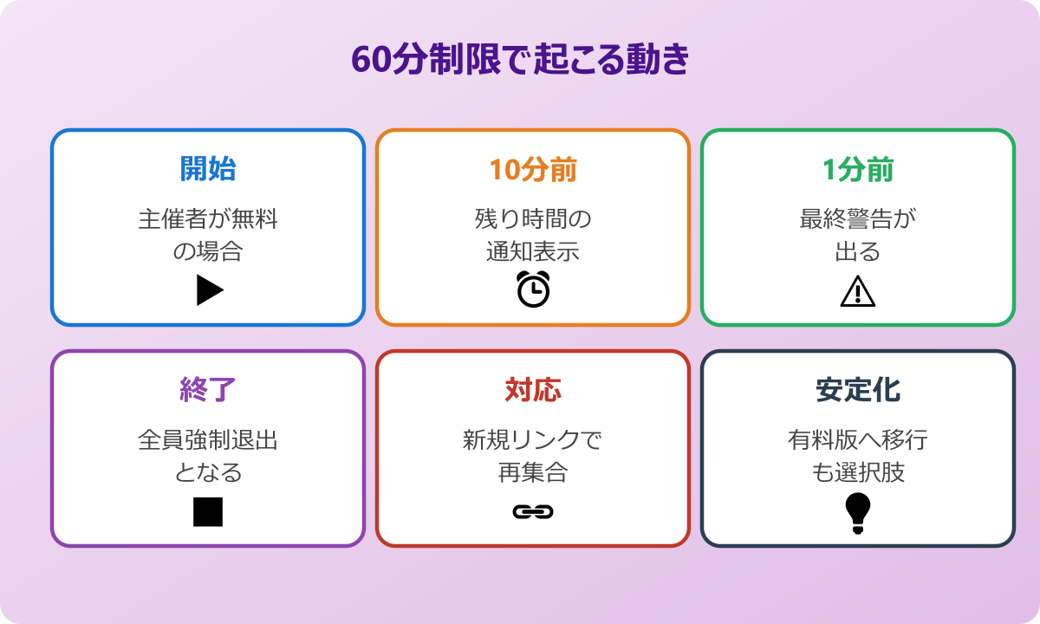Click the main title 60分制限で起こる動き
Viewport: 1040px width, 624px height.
[520, 61]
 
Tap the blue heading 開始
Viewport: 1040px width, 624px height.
[208, 170]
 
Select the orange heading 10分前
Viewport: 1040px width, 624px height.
[533, 170]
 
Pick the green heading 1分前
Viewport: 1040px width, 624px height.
[858, 170]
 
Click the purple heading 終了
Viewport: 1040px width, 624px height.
[208, 391]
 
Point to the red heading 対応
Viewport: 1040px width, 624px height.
[533, 391]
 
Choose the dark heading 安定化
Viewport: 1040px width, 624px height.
[858, 391]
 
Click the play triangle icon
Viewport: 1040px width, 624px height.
[209, 290]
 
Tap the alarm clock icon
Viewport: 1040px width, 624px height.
[533, 289]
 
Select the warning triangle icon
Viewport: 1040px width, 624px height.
[858, 291]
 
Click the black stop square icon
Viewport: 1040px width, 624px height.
[208, 511]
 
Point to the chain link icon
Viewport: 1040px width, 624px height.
[533, 512]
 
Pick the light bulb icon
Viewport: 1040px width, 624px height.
[858, 512]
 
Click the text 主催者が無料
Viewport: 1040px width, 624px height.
[208, 218]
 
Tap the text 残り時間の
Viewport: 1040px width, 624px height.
[533, 218]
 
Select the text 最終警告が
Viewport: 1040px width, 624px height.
[858, 218]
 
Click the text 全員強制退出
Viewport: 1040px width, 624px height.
[208, 440]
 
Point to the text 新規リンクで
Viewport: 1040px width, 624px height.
[533, 440]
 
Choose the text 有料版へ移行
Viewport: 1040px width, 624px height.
[858, 440]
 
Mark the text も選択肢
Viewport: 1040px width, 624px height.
[858, 473]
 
